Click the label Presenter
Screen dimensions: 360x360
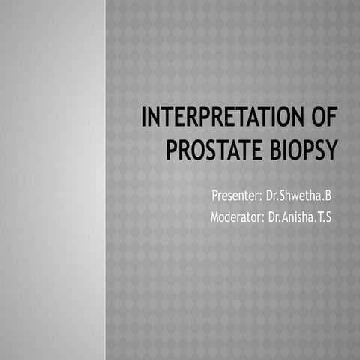(235, 196)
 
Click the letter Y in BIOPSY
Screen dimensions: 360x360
(331, 149)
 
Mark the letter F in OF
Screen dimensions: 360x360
(331, 120)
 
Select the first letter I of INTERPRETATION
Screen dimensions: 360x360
(145, 120)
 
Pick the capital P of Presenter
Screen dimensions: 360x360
(215, 196)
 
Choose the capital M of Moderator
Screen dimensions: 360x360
(217, 217)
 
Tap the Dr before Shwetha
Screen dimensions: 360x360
(272, 196)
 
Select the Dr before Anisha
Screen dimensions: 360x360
(274, 217)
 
